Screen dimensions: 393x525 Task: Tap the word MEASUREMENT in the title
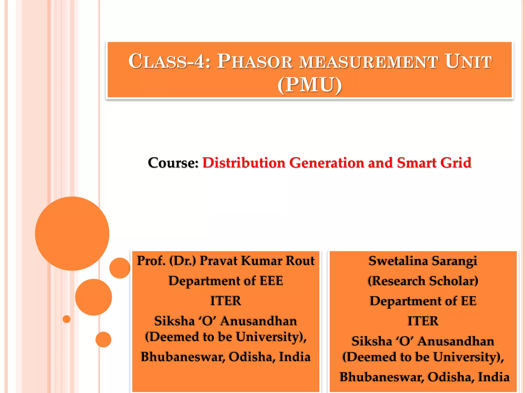[x=369, y=62]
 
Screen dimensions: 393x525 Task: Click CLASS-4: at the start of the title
[x=169, y=61]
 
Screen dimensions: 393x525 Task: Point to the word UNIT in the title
[x=468, y=61]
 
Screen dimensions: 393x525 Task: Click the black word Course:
[x=173, y=163]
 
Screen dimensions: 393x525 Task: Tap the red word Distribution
[x=244, y=163]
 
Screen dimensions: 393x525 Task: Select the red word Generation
[x=327, y=163]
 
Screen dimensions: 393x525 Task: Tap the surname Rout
[x=300, y=261]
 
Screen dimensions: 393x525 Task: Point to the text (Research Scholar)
[x=423, y=281]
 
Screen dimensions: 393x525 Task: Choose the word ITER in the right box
[x=423, y=321]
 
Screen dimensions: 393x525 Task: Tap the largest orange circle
[x=72, y=233]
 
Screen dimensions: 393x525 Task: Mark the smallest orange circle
[x=67, y=319]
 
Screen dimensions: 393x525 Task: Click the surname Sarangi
[x=454, y=261]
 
